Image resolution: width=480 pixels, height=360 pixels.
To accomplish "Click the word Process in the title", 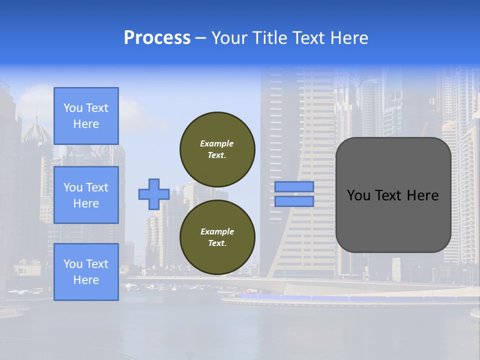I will click(157, 37).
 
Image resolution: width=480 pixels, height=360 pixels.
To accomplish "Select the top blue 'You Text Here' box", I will click(86, 116).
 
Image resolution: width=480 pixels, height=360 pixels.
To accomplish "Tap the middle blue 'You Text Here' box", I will click(86, 195).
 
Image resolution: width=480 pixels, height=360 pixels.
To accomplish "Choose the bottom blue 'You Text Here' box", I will click(86, 272).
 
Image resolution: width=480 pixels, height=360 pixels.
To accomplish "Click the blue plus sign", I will click(154, 194).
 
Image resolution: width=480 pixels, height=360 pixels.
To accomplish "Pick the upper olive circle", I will click(217, 149).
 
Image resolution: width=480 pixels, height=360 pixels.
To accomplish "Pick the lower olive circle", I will click(217, 237).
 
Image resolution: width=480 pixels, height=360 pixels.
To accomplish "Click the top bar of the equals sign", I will click(294, 186).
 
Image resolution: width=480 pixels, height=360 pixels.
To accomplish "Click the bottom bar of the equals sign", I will click(294, 201).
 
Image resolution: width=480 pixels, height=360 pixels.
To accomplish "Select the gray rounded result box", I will click(393, 195).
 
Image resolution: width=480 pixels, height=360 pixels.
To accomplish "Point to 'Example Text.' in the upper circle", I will click(217, 149).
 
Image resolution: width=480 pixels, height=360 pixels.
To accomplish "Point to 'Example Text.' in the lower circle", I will click(217, 237).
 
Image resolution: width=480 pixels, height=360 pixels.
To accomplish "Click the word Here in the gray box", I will click(422, 195).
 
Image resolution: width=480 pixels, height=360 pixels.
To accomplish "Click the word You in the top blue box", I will click(73, 108).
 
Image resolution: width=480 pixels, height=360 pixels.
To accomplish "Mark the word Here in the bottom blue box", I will click(86, 280).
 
